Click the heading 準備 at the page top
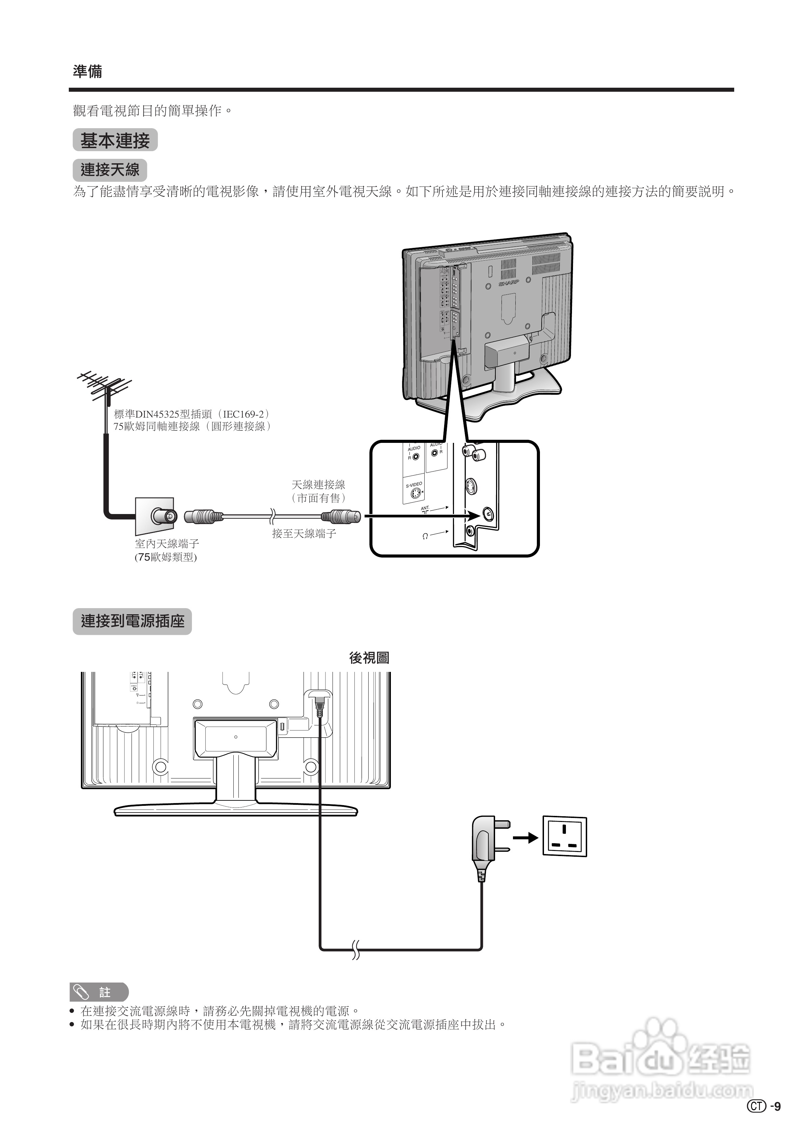tap(88, 72)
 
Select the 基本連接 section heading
tap(115, 141)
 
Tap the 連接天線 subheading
tap(110, 170)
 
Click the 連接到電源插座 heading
tap(132, 621)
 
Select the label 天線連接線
tap(318, 485)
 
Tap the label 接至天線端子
tap(304, 533)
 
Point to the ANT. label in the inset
tap(425, 508)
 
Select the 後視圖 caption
tap(369, 658)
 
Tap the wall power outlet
tap(565, 836)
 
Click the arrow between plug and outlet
tap(525, 837)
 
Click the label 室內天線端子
tap(167, 544)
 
